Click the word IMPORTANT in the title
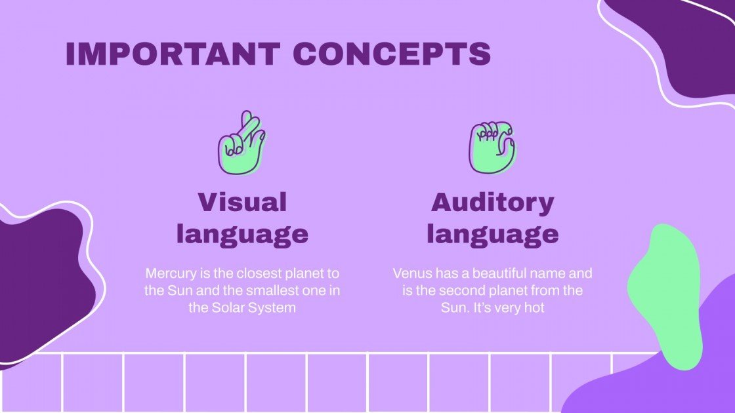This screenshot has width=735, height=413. pyautogui.click(x=173, y=54)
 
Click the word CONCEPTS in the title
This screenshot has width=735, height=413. pyautogui.click(x=392, y=54)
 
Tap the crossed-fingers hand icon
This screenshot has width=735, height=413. pyautogui.click(x=241, y=143)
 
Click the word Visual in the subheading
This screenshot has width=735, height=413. pyautogui.click(x=242, y=202)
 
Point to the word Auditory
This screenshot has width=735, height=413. pyautogui.click(x=492, y=202)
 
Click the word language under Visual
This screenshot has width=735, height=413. pyautogui.click(x=242, y=233)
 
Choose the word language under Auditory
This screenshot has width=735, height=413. pyautogui.click(x=492, y=233)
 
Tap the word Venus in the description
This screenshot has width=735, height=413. pyautogui.click(x=411, y=273)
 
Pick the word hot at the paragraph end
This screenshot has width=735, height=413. pyautogui.click(x=534, y=307)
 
